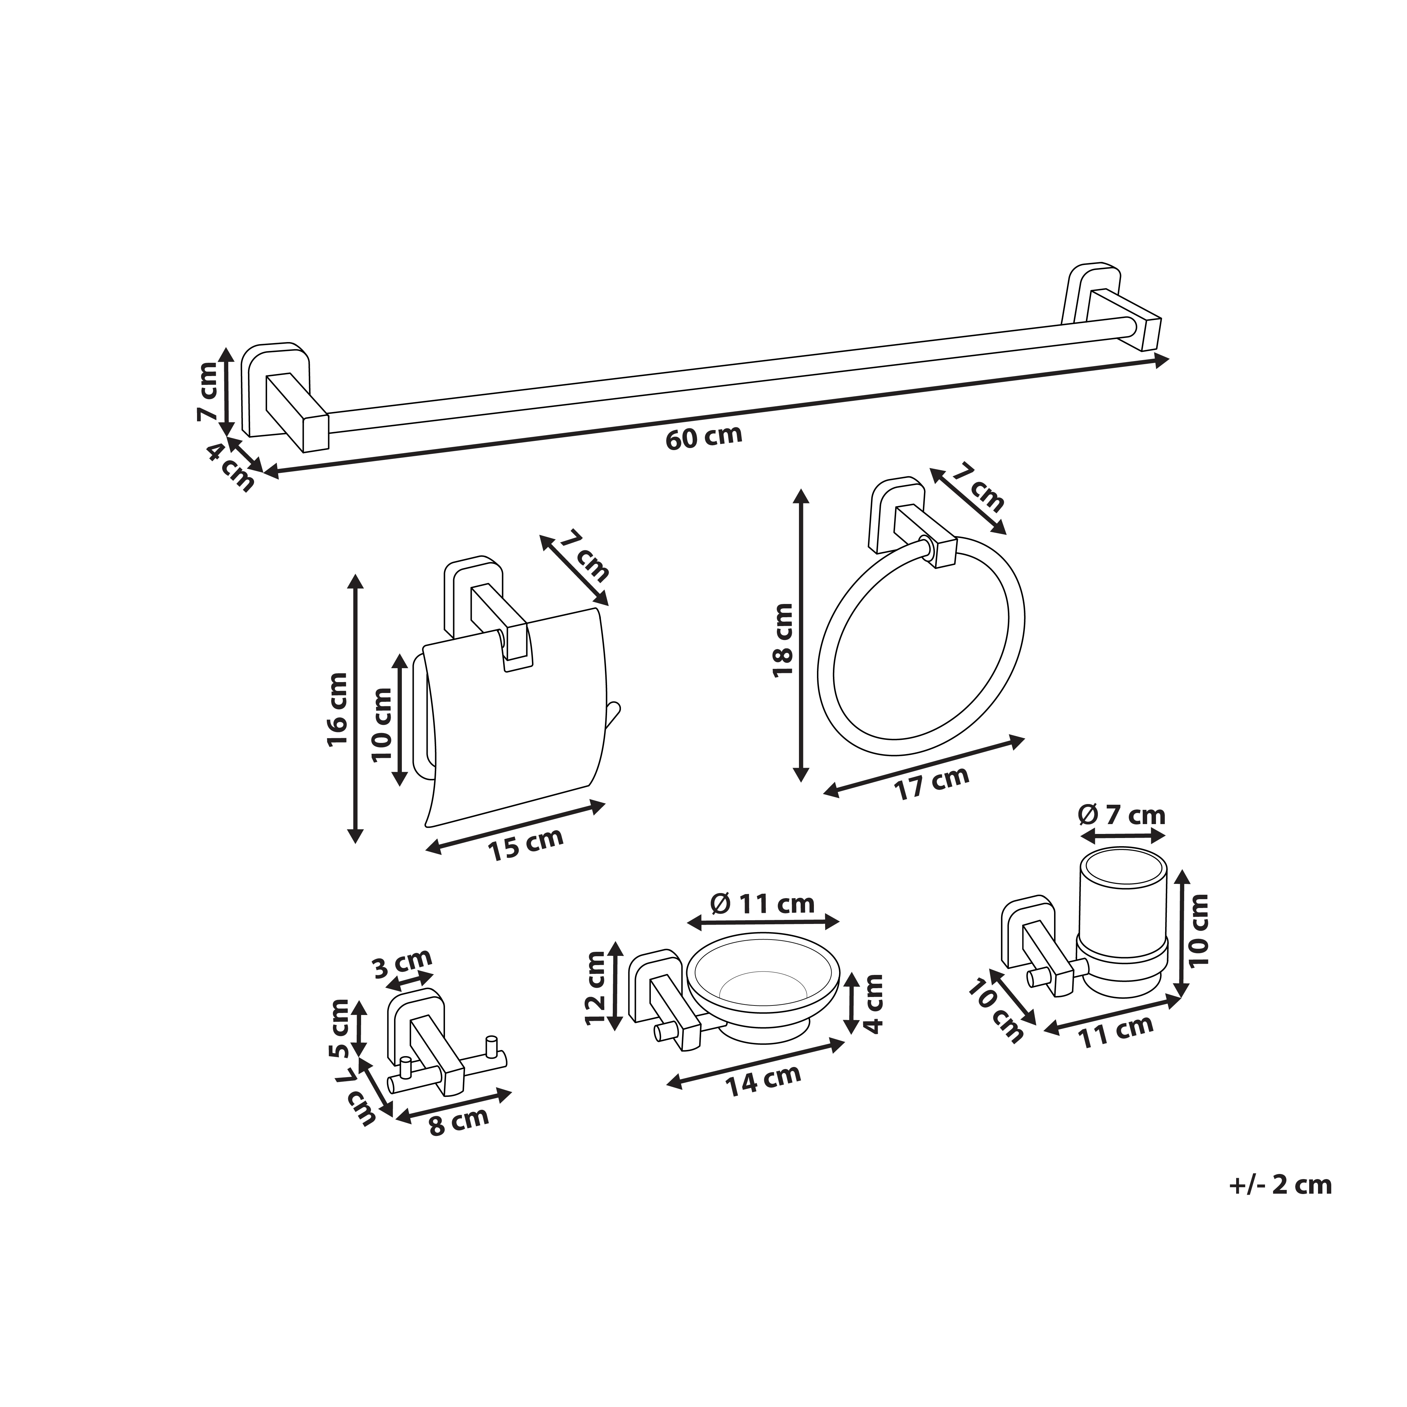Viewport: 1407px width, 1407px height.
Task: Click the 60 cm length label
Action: pos(703,438)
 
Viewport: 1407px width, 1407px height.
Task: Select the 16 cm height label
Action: pos(338,710)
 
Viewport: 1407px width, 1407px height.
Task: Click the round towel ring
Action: pos(921,648)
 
